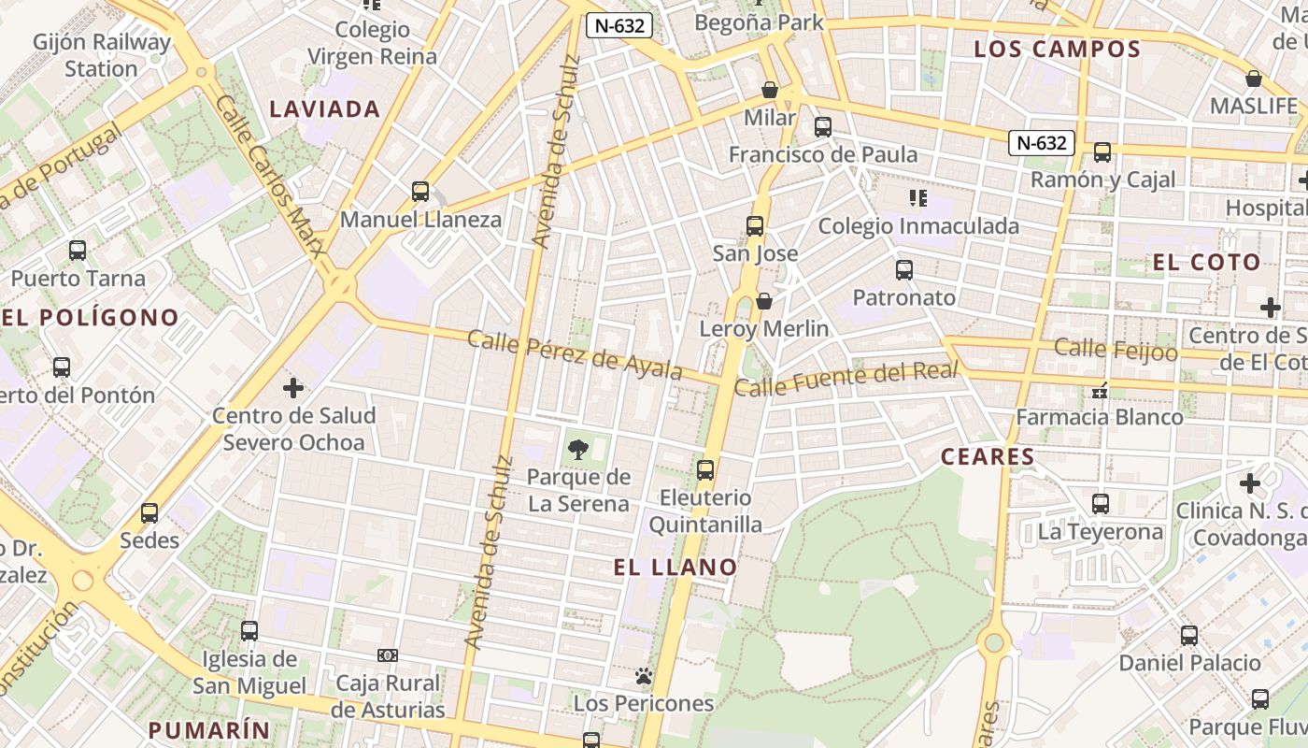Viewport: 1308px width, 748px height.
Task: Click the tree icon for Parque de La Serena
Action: point(577,449)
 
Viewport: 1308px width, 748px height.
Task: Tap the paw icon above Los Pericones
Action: point(643,675)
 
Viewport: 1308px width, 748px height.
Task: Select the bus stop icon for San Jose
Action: point(755,225)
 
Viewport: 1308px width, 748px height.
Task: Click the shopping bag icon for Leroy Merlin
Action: point(764,301)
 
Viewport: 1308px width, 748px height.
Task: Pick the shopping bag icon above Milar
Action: point(770,90)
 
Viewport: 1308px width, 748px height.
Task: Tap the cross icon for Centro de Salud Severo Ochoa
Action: point(293,387)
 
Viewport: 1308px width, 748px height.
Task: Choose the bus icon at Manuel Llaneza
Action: point(420,192)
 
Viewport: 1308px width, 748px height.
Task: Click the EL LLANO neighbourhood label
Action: point(675,567)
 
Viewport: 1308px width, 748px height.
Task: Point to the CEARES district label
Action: point(988,457)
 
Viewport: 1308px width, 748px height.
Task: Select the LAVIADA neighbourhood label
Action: point(325,109)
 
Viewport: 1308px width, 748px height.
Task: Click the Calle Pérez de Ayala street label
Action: point(575,354)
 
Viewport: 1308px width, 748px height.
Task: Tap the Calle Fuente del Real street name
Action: point(846,378)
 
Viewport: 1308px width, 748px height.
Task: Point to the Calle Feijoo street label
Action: point(1116,350)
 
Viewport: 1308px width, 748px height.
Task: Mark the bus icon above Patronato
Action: point(903,270)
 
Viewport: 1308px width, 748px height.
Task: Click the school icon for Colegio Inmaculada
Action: point(917,197)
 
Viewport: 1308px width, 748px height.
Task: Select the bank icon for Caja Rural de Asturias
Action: point(388,655)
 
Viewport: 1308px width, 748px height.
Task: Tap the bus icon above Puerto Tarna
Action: point(78,251)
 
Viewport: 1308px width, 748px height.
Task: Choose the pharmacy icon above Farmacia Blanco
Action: point(1100,391)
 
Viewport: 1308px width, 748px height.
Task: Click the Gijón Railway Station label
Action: point(102,55)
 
